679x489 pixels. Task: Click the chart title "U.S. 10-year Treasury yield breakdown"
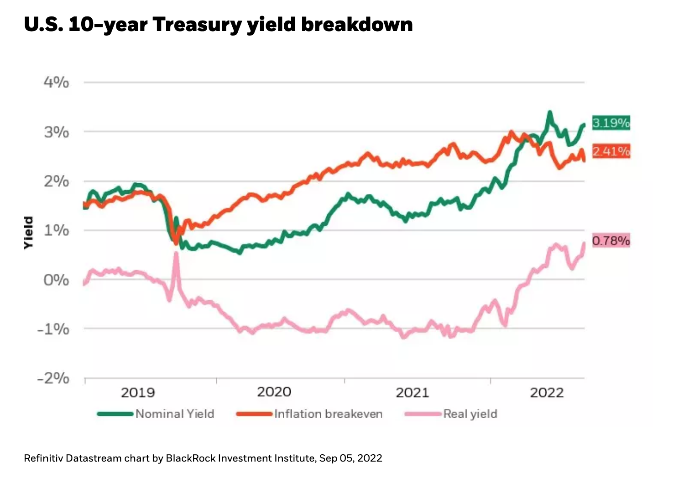[x=218, y=24]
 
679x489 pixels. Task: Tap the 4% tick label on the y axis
[x=57, y=82]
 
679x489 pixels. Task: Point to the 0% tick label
[x=57, y=280]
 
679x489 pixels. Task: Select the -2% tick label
[x=53, y=378]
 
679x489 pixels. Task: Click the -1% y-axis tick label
[x=53, y=329]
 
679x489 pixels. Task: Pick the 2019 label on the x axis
[x=138, y=392]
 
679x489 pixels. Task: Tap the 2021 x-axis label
[x=412, y=392]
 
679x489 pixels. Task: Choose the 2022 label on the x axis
[x=547, y=392]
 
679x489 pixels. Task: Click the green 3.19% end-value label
[x=611, y=123]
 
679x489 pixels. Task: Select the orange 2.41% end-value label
[x=611, y=151]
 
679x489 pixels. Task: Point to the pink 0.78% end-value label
[x=611, y=240]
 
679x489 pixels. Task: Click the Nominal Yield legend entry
[x=174, y=414]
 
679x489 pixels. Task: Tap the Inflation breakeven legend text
[x=328, y=414]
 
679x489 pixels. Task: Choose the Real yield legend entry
[x=470, y=414]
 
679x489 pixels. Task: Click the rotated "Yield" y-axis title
[x=28, y=232]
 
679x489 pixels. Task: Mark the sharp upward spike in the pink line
[x=176, y=254]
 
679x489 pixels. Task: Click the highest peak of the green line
[x=550, y=112]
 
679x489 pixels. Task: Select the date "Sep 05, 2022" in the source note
[x=350, y=458]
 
